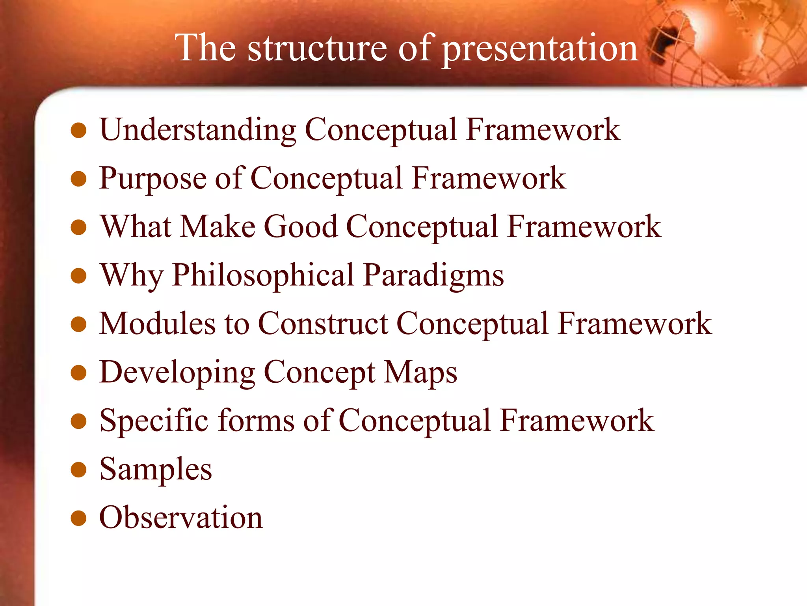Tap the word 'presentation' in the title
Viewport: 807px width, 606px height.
[x=540, y=49]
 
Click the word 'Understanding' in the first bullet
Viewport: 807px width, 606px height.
[x=198, y=130]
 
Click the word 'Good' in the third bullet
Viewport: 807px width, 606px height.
[x=301, y=227]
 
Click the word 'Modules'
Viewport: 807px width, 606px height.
[x=157, y=324]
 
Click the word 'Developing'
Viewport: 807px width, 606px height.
[x=177, y=373]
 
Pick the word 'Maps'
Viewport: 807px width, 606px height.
[x=420, y=373]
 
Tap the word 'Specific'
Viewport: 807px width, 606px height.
[x=154, y=421]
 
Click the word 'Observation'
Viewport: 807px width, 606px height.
[x=181, y=517]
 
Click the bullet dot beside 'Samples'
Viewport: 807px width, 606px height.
[x=78, y=470]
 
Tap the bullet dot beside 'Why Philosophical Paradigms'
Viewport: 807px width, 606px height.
[x=78, y=276]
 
